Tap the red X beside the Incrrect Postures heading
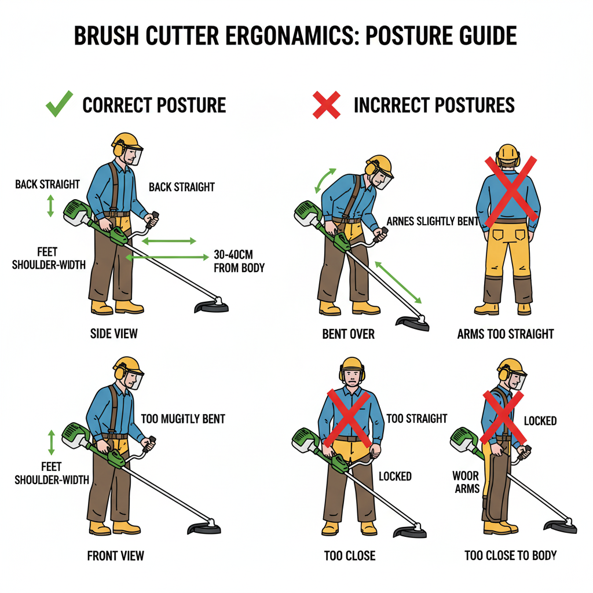coord(327,105)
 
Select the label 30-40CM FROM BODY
coord(239,261)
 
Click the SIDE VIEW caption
coord(114,334)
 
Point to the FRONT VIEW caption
coord(115,555)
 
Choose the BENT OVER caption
coord(348,334)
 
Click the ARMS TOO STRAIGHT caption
coord(505,334)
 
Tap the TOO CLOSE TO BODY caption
coord(511,555)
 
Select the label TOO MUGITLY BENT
coord(183,419)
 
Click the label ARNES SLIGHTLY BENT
coord(432,221)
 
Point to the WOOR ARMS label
coord(466,482)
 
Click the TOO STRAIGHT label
coord(417,418)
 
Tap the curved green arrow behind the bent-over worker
coord(324,180)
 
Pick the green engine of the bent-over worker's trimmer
coord(307,214)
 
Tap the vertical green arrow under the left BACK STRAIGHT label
coord(50,206)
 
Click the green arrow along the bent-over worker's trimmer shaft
coord(398,282)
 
